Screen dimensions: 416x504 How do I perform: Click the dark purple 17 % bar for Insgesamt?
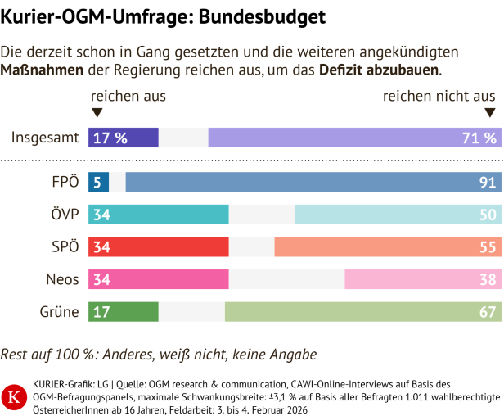(x=123, y=138)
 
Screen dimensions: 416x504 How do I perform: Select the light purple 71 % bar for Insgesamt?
(x=353, y=138)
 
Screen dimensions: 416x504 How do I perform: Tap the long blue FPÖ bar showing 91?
(x=311, y=183)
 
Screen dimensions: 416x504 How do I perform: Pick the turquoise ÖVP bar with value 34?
(x=158, y=215)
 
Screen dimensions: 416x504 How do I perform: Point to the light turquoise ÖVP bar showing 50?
(x=396, y=215)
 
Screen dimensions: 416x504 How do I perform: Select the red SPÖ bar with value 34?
(x=158, y=246)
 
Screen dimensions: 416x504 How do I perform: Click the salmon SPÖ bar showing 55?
(x=385, y=246)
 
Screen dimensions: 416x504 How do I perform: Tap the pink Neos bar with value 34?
(x=158, y=279)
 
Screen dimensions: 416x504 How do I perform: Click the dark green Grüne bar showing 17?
(x=123, y=311)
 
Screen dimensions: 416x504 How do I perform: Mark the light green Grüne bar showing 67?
(x=361, y=311)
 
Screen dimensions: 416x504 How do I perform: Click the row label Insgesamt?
(x=45, y=138)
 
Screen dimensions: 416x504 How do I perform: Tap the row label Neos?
(x=62, y=279)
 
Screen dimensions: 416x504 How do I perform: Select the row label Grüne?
(x=60, y=311)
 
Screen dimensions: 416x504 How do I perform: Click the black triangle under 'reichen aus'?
(x=97, y=114)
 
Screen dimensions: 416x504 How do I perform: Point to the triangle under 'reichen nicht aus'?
(x=490, y=114)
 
